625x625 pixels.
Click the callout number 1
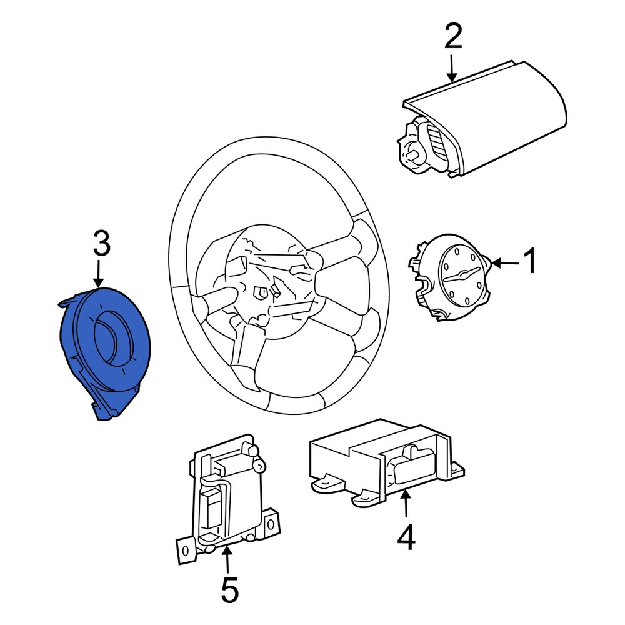[x=529, y=261]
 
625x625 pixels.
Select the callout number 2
[x=453, y=36]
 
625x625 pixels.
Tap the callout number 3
[x=101, y=243]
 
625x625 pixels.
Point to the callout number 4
[x=406, y=537]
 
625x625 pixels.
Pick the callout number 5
[x=229, y=589]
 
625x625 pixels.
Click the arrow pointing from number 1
[x=506, y=263]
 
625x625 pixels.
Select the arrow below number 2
[x=452, y=68]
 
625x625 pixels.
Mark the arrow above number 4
[x=405, y=504]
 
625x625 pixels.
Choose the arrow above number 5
[x=227, y=560]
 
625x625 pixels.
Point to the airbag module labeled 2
[x=482, y=119]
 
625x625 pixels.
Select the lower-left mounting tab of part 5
[x=186, y=551]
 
